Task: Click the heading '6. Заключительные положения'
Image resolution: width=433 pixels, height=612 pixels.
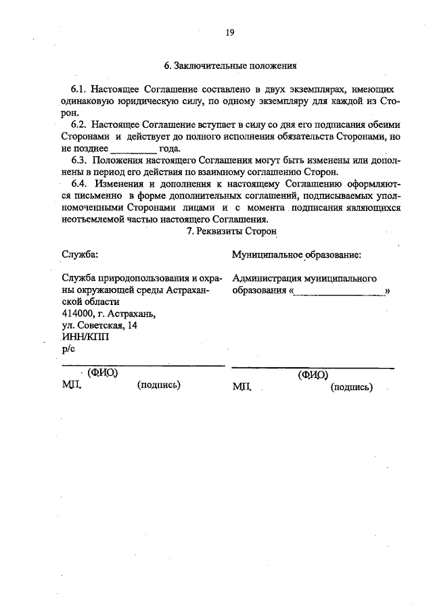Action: click(230, 66)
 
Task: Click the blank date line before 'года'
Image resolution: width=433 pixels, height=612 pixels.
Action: click(133, 149)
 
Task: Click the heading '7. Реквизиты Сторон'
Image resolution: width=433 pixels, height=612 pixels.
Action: click(230, 231)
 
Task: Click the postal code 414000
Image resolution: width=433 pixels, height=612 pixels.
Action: click(78, 313)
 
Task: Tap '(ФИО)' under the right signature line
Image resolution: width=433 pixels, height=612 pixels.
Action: click(313, 375)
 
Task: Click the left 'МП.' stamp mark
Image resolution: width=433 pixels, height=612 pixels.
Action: click(70, 385)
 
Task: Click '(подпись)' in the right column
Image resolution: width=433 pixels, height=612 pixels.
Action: click(352, 387)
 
